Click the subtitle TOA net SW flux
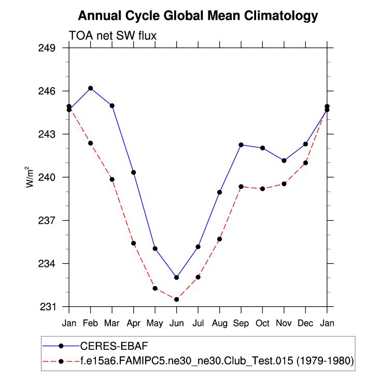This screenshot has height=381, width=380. coord(112,35)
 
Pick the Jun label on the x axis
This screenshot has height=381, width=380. coord(176,323)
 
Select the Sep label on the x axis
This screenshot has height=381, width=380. coord(241,323)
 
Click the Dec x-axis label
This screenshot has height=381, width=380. coord(305,323)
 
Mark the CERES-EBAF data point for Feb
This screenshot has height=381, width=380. coord(91,88)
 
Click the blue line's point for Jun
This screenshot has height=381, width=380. coord(177,277)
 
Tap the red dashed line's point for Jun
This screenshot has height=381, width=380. coord(177,300)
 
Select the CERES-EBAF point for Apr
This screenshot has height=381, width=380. coord(134,172)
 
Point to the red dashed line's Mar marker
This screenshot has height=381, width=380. coord(112,179)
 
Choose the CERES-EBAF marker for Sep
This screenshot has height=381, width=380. coord(241,144)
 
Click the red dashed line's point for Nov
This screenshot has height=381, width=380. coord(284,184)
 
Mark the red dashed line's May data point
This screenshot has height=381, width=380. coord(155,288)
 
